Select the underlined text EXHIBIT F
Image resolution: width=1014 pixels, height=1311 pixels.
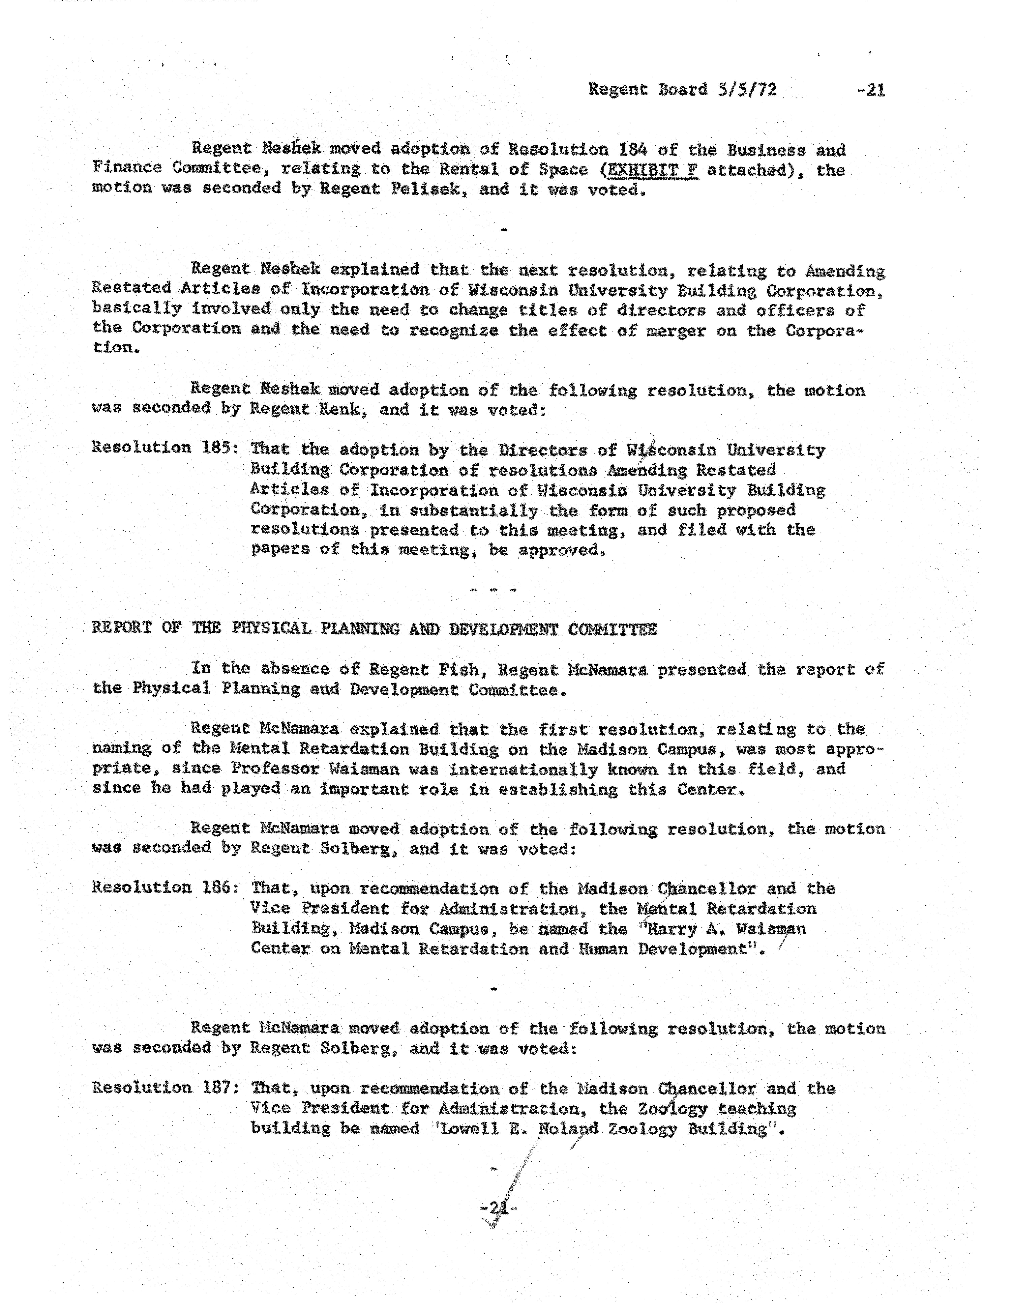[653, 170]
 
